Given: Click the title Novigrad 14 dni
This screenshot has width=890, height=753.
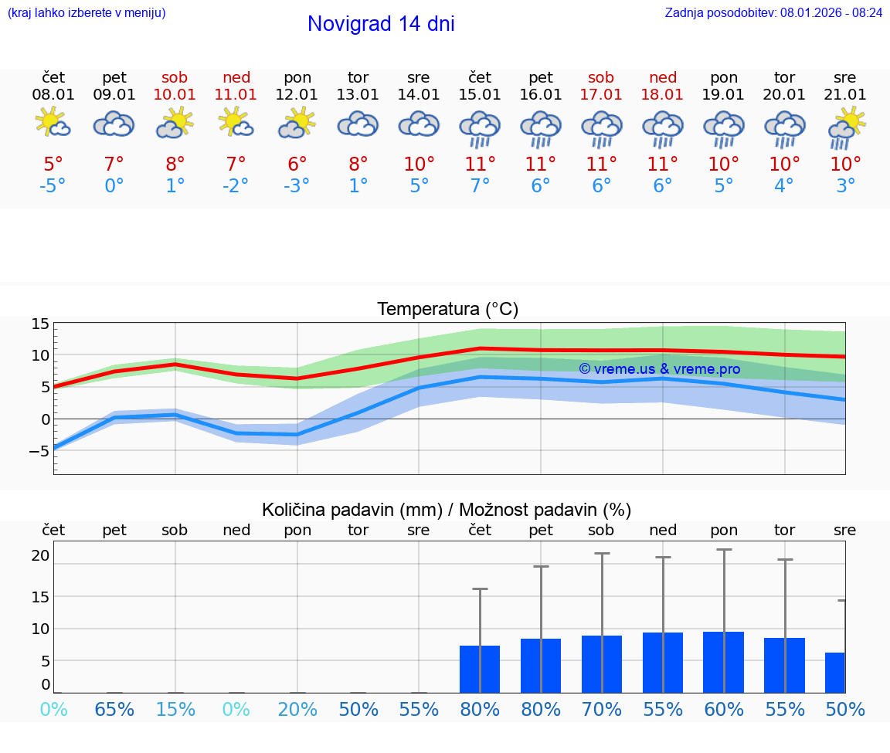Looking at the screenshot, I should click(x=381, y=24).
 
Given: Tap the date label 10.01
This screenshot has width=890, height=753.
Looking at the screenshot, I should click(x=175, y=95).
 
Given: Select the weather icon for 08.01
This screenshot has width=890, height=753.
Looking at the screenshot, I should click(x=53, y=124).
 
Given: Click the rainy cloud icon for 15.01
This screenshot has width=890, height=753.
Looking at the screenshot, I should click(x=480, y=128).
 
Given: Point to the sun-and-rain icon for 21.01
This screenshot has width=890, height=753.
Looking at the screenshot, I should click(x=846, y=127).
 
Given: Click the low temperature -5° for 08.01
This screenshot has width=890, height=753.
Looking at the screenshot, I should click(x=53, y=186).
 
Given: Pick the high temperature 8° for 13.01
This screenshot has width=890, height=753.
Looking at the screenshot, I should click(x=358, y=165).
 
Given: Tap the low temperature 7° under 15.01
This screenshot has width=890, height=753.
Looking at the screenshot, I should click(x=480, y=186).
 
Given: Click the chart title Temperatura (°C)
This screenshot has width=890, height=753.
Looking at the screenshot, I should click(x=447, y=310).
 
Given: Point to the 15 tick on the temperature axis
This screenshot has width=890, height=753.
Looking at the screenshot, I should click(x=40, y=324).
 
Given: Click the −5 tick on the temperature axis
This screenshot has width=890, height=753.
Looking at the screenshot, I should click(x=39, y=451).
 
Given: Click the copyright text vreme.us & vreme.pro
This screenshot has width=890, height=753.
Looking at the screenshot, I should click(x=659, y=369).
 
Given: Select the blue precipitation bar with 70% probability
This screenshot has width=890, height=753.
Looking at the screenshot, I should click(x=602, y=664).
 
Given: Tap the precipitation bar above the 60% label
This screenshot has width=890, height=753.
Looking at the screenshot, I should click(x=724, y=662).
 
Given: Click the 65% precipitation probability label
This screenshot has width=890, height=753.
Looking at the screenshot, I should click(x=114, y=709).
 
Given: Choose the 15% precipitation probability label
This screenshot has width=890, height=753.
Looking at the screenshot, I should click(x=175, y=709).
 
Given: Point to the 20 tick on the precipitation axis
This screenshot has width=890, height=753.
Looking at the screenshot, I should click(x=40, y=555).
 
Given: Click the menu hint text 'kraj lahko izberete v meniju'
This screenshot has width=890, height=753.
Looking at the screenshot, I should click(x=87, y=12).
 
